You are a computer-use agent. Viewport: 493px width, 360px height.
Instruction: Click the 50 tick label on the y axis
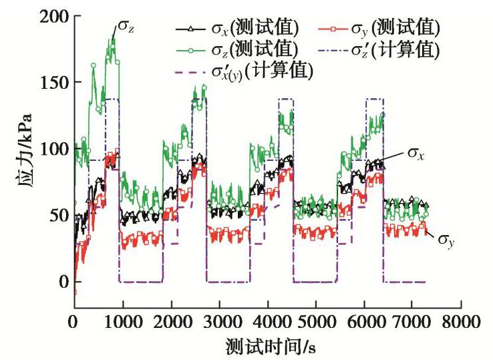pos(59,215)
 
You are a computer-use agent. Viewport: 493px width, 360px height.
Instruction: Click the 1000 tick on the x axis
pos(122,322)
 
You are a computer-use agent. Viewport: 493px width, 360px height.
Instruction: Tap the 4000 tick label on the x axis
pos(268,322)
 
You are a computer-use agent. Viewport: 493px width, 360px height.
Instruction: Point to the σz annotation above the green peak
pos(126,27)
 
